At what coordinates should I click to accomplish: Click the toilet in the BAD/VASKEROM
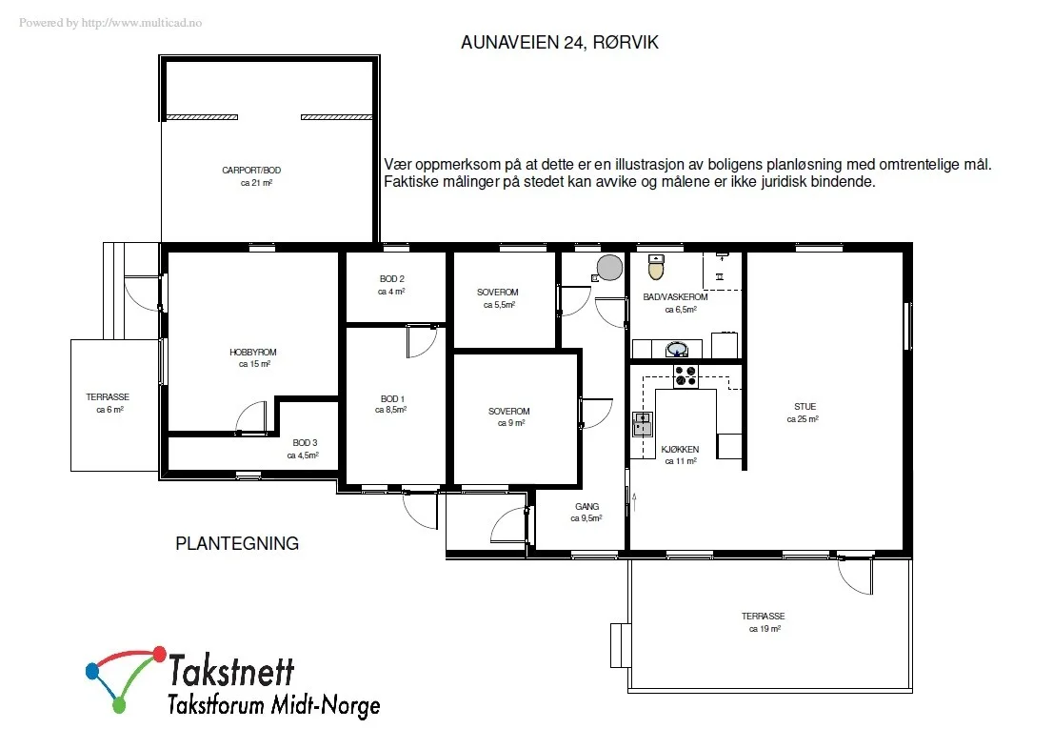pos(656,267)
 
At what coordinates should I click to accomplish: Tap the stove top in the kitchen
pos(685,376)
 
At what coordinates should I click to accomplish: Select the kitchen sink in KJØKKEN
pos(643,425)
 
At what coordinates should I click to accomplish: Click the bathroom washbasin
pos(676,349)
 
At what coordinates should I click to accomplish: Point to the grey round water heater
pos(609,267)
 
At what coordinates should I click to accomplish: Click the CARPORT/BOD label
pos(251,171)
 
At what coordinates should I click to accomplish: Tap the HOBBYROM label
pos(253,352)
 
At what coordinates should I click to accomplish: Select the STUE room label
pos(805,406)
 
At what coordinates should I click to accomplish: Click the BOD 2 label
pos(392,278)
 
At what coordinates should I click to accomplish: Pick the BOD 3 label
pos(305,442)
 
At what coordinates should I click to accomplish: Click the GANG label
pos(586,506)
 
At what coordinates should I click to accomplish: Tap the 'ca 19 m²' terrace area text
pos(765,629)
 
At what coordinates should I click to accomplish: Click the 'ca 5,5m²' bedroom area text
pos(500,305)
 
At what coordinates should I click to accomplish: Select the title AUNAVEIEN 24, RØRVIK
pos(560,42)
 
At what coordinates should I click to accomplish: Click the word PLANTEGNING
pos(237,543)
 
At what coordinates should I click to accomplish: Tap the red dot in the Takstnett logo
pos(160,653)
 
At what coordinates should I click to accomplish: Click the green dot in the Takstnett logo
pos(119,705)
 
